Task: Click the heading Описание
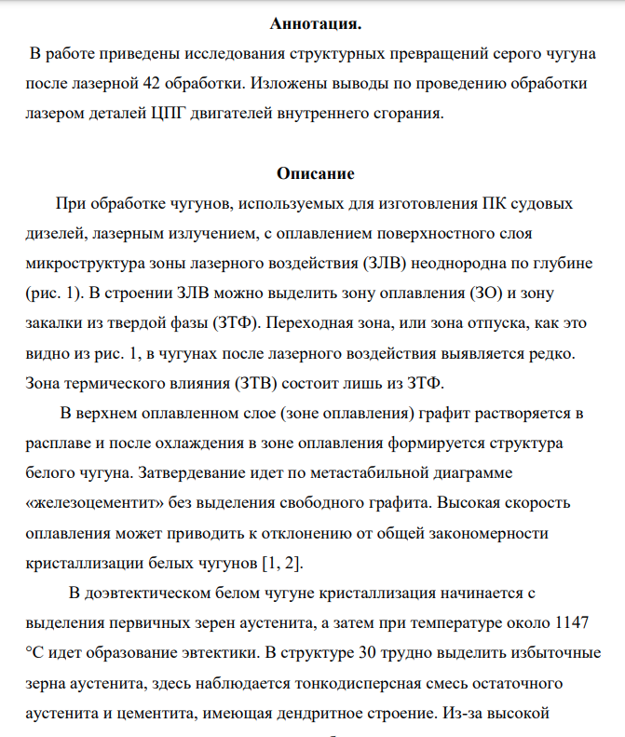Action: point(316,173)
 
